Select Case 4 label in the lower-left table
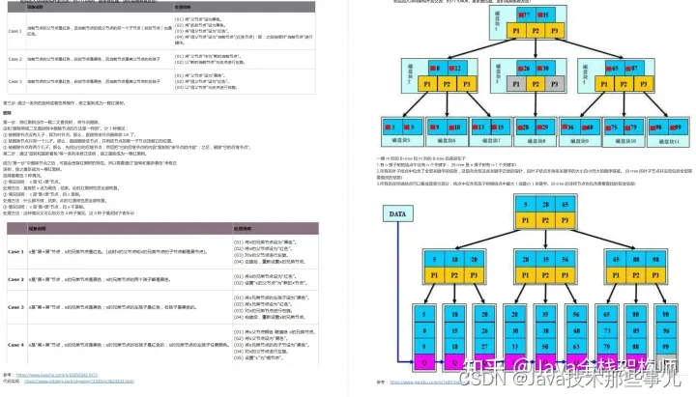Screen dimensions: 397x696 [14, 344]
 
